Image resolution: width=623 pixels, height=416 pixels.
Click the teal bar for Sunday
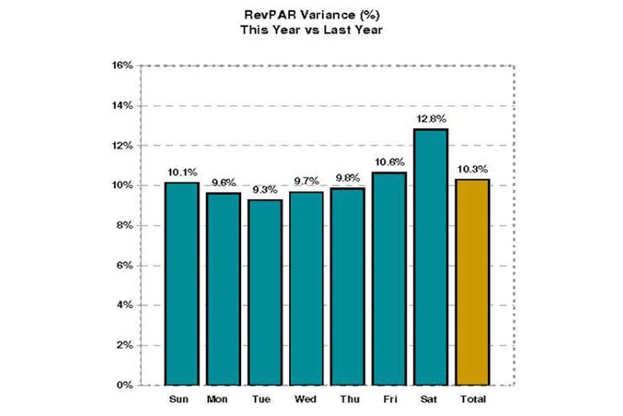(x=181, y=284)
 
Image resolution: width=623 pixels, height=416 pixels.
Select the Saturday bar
(x=431, y=257)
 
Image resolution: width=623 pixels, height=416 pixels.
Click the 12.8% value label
(x=431, y=118)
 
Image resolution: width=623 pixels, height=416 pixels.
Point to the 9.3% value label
(x=264, y=190)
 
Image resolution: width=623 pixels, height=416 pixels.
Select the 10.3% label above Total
(x=472, y=169)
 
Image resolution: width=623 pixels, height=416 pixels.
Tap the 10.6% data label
(x=389, y=162)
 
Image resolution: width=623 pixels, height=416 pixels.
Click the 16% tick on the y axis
(x=122, y=66)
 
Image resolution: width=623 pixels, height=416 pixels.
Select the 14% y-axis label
(x=122, y=106)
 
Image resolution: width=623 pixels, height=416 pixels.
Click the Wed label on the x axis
(x=306, y=398)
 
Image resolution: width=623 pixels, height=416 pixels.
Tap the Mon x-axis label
(x=223, y=398)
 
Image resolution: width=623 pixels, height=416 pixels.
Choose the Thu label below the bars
(x=347, y=398)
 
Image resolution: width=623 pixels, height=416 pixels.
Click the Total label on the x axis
(x=472, y=398)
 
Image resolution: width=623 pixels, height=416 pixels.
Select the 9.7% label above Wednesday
(x=306, y=182)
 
